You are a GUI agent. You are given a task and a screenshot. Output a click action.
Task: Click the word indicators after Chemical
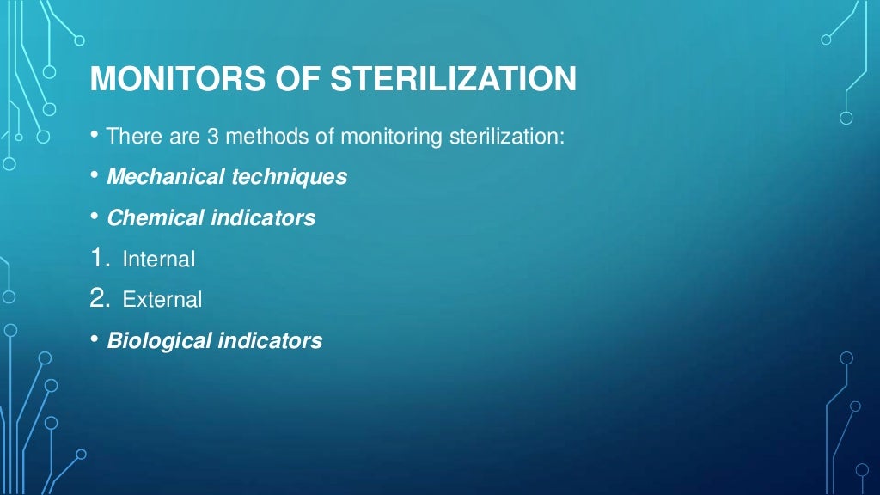pyautogui.click(x=263, y=218)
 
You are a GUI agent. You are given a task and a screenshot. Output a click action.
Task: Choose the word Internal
pyautogui.click(x=159, y=259)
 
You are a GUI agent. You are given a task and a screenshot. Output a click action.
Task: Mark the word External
pyautogui.click(x=162, y=300)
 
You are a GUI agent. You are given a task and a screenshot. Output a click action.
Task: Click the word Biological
pyautogui.click(x=159, y=341)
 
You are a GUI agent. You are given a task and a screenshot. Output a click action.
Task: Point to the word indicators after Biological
pyautogui.click(x=270, y=341)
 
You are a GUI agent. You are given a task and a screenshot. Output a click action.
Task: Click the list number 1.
pyautogui.click(x=97, y=258)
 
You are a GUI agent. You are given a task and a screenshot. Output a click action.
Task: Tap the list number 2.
pyautogui.click(x=98, y=299)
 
